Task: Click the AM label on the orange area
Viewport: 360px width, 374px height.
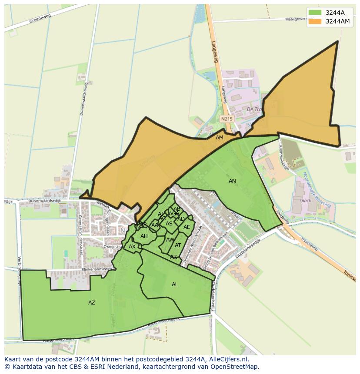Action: (x=220, y=138)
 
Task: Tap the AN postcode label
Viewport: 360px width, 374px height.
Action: (x=233, y=181)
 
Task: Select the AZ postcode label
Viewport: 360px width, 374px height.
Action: (x=92, y=303)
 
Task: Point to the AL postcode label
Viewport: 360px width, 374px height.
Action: (x=175, y=285)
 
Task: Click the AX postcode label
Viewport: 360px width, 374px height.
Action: (x=132, y=246)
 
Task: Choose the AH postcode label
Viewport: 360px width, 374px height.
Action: (x=144, y=236)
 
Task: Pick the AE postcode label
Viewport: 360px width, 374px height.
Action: (x=187, y=227)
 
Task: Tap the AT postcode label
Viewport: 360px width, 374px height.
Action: (x=178, y=245)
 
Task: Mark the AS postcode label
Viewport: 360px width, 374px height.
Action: (x=169, y=224)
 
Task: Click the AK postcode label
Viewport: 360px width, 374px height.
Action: (x=173, y=257)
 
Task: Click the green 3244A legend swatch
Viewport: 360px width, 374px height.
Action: (x=315, y=13)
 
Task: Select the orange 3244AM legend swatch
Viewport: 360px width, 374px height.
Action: (x=315, y=21)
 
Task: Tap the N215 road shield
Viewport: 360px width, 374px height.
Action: (x=227, y=119)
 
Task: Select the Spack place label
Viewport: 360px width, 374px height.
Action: (x=305, y=201)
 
